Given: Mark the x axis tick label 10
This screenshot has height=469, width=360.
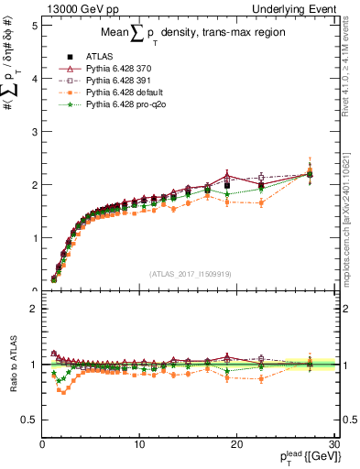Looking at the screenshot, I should [x=139, y=443].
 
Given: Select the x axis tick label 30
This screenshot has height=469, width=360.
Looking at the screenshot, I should [x=333, y=443].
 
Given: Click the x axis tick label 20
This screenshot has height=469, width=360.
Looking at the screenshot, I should [x=236, y=443].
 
